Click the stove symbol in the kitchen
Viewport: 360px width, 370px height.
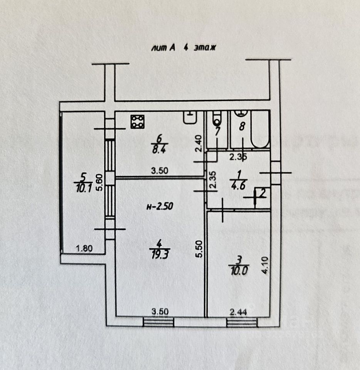point(138,122)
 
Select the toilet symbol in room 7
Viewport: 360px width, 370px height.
point(217,117)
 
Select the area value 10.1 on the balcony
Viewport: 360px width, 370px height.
point(83,187)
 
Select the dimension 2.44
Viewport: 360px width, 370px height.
point(239,311)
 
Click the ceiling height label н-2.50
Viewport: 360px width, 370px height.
point(158,206)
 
